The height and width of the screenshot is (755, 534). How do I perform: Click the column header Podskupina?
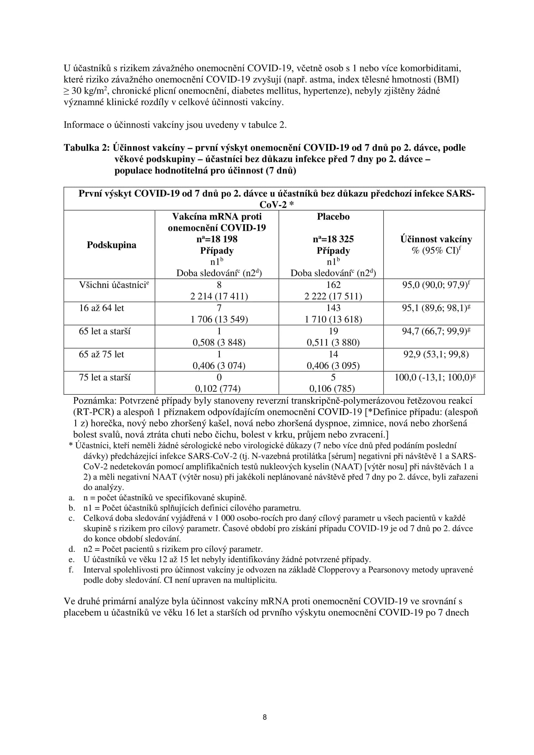coord(111,245)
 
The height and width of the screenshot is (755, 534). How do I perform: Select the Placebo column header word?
coord(333,217)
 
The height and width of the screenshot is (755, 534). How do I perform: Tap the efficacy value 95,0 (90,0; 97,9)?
coord(435,285)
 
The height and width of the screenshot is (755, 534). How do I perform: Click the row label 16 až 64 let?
coord(101,308)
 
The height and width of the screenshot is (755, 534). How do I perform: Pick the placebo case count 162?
coord(333,285)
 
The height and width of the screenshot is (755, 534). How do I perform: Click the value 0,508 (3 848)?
coord(219,343)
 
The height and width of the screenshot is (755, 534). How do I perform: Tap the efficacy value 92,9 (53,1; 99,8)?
coord(436,354)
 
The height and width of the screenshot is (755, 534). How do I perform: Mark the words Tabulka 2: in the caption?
coord(86,148)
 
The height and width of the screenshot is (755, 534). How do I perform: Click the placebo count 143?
coord(333,308)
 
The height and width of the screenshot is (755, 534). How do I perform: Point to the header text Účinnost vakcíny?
coord(436,240)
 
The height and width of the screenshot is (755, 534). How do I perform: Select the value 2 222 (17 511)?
coord(333,297)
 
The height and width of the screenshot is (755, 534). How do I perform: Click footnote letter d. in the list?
coord(72,549)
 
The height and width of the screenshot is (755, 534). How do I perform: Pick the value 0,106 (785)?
coord(332,389)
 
